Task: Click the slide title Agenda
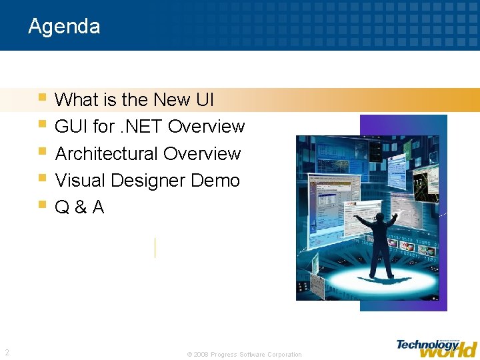[64, 27]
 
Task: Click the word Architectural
[107, 154]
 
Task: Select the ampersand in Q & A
[80, 208]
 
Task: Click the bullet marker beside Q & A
[43, 205]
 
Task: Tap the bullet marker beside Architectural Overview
[43, 151]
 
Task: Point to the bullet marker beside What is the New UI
[43, 97]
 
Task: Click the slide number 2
[7, 353]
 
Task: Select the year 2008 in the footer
[201, 355]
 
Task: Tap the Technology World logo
[437, 347]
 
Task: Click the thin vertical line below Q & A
[155, 247]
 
